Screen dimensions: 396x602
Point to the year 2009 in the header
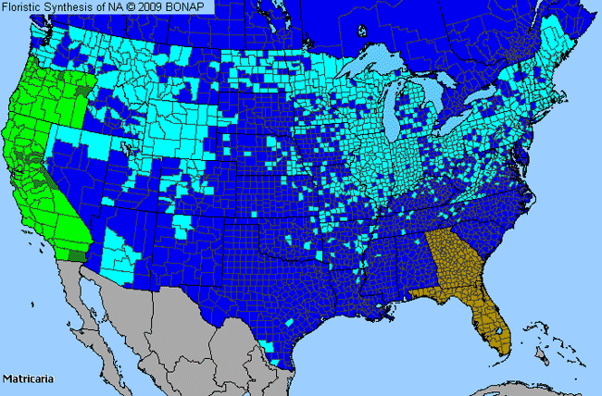tap(154, 6)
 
